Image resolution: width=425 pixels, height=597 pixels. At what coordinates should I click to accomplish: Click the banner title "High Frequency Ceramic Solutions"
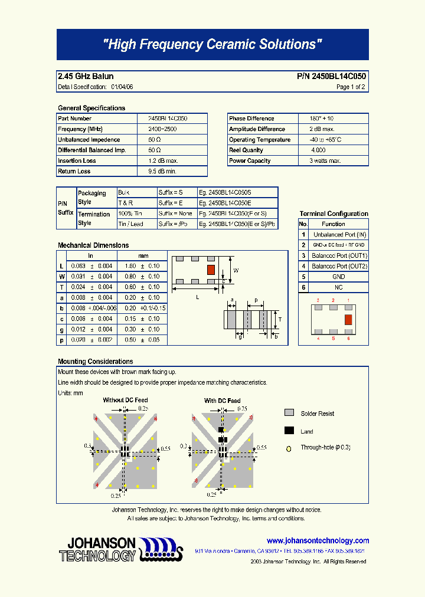(x=212, y=45)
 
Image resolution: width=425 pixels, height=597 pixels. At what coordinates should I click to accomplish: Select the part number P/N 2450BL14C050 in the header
(x=331, y=77)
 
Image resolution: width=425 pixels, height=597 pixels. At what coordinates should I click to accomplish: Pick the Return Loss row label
(x=74, y=172)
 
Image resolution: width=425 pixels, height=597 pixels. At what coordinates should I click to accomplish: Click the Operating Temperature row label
(x=260, y=140)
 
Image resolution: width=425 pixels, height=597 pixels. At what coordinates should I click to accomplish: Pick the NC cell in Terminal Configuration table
(x=339, y=287)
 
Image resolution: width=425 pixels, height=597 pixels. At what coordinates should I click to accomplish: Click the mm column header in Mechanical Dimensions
(x=143, y=256)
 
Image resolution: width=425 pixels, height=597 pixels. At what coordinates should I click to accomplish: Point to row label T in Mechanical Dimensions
(x=61, y=287)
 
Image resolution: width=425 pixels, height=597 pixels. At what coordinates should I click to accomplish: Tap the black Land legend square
(x=289, y=431)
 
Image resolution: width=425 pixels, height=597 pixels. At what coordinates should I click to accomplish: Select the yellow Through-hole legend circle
(x=289, y=448)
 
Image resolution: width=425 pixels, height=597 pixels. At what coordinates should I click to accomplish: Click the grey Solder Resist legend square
(x=289, y=413)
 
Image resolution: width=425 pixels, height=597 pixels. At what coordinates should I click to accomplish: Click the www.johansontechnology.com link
(x=318, y=540)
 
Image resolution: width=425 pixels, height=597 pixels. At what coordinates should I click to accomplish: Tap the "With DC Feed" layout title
(x=222, y=401)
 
